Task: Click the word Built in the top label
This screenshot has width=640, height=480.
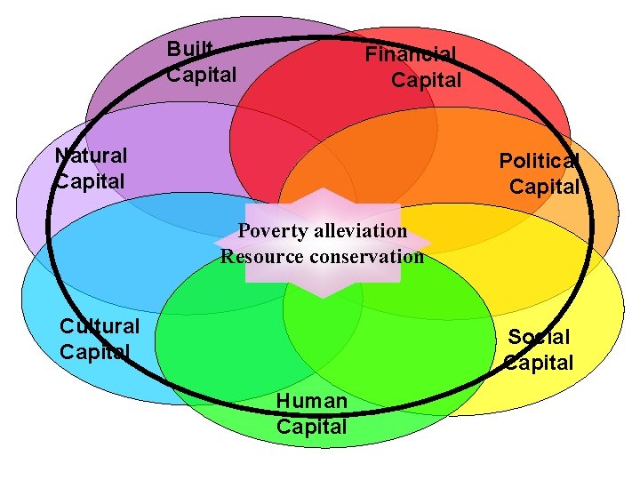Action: (x=191, y=50)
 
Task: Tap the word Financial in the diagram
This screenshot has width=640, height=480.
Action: (x=411, y=54)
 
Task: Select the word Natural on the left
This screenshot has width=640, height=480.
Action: (x=92, y=156)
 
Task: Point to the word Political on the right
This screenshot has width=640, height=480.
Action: (x=540, y=161)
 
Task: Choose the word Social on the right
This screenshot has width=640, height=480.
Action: (x=539, y=337)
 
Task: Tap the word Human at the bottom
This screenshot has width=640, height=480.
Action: (x=312, y=401)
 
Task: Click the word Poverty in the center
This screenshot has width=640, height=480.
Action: (x=272, y=231)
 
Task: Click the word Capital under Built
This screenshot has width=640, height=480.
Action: (x=203, y=75)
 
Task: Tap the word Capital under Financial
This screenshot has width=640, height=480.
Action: (x=427, y=80)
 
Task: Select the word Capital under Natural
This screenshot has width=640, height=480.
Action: (x=91, y=180)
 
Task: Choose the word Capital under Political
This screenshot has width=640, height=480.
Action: (x=544, y=187)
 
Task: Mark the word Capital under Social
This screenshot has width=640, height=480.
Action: (x=539, y=363)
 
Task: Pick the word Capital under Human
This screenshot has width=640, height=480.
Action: (x=312, y=427)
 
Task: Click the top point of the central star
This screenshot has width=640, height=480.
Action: (x=323, y=189)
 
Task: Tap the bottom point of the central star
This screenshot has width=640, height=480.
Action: (x=323, y=297)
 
